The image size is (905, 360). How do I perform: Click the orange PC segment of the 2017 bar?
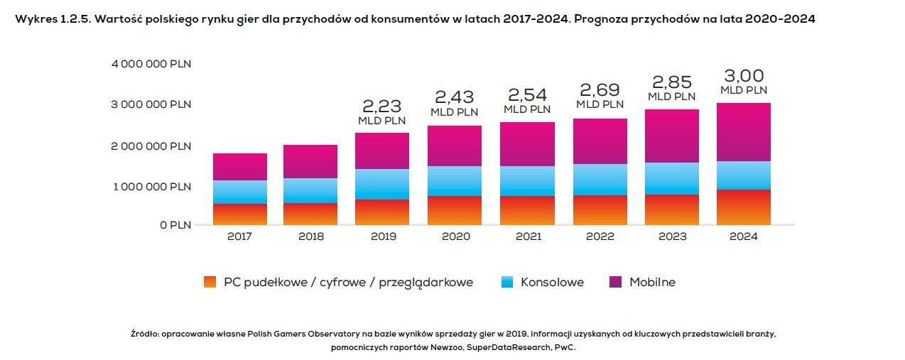pyautogui.click(x=240, y=214)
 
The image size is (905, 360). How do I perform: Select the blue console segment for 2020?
pyautogui.click(x=455, y=180)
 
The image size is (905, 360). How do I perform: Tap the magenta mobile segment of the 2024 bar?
pyautogui.click(x=744, y=132)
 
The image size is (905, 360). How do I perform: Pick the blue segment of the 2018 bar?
pyautogui.click(x=310, y=190)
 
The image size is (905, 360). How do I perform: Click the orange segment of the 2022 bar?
pyautogui.click(x=600, y=209)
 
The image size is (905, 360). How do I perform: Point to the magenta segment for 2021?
pyautogui.click(x=527, y=143)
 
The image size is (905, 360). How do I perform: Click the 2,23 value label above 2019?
pyautogui.click(x=381, y=106)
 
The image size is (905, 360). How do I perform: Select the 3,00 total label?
pyautogui.click(x=744, y=75)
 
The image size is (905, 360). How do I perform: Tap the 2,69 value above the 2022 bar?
pyautogui.click(x=600, y=89)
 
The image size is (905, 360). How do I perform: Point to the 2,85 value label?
pyautogui.click(x=671, y=82)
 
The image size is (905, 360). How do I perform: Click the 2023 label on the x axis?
pyautogui.click(x=671, y=236)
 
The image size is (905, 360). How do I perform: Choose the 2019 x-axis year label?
pyautogui.click(x=384, y=236)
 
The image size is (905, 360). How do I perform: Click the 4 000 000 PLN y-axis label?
pyautogui.click(x=151, y=64)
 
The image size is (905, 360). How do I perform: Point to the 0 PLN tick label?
pyautogui.click(x=174, y=225)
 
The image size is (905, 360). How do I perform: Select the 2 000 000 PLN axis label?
pyautogui.click(x=151, y=146)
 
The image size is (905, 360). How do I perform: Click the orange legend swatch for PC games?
pyautogui.click(x=209, y=282)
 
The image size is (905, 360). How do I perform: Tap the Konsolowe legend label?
pyautogui.click(x=552, y=282)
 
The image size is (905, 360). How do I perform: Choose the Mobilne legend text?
pyautogui.click(x=652, y=282)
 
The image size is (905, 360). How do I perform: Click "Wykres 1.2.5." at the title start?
pyautogui.click(x=52, y=19)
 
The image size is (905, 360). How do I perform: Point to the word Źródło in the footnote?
pyautogui.click(x=144, y=333)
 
